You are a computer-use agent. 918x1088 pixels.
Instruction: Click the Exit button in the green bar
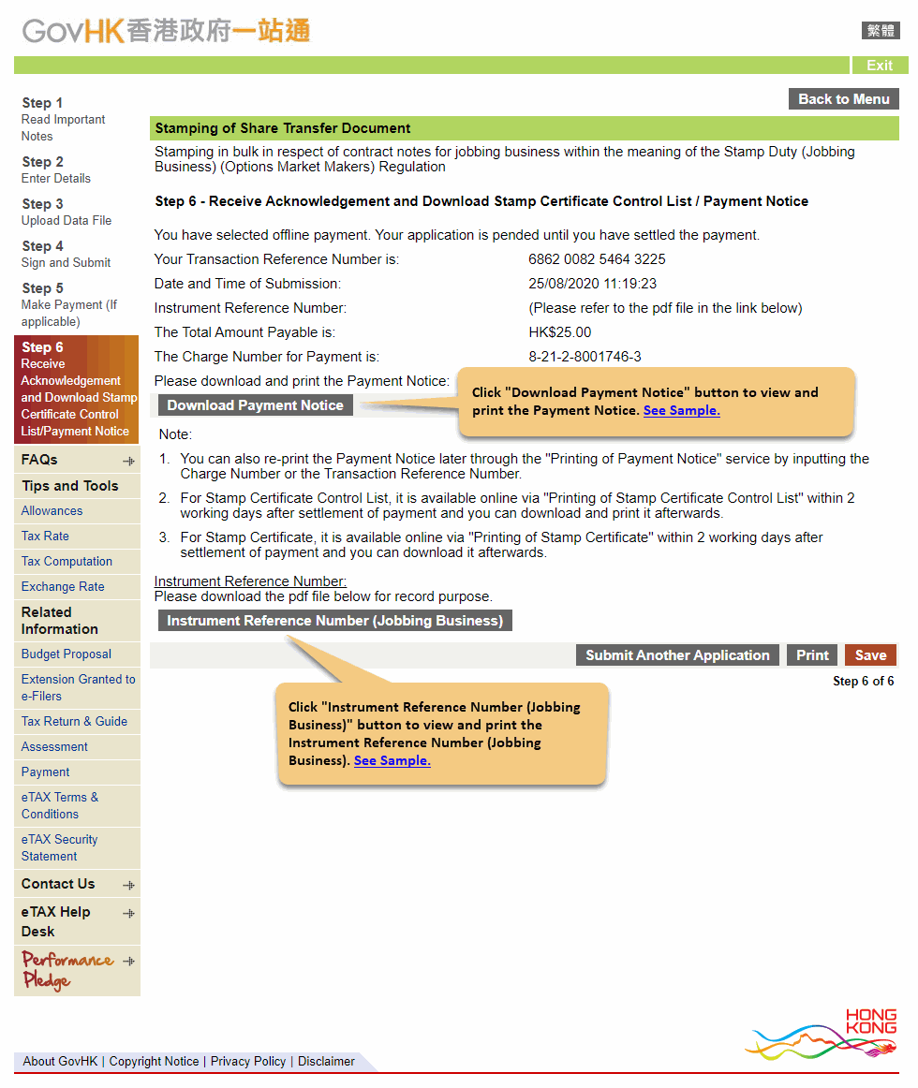click(x=880, y=66)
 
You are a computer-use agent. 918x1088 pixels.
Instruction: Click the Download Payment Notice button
click(x=255, y=405)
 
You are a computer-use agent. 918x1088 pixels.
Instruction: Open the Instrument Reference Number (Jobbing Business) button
click(x=335, y=621)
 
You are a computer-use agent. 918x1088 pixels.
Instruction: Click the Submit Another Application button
click(x=677, y=655)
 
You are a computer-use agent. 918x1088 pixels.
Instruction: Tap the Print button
click(x=812, y=655)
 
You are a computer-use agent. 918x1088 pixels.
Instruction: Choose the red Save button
click(x=870, y=655)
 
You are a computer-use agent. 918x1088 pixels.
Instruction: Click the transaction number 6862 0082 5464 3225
click(x=597, y=259)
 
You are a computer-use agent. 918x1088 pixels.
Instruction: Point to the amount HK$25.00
click(x=560, y=332)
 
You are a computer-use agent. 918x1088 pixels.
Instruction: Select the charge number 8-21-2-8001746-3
click(x=585, y=357)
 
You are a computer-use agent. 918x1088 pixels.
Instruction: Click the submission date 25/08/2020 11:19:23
click(x=592, y=284)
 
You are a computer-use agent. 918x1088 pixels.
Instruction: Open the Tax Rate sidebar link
click(x=45, y=537)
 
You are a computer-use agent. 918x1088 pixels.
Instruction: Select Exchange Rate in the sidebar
click(x=63, y=587)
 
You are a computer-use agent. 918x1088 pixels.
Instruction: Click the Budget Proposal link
click(x=66, y=654)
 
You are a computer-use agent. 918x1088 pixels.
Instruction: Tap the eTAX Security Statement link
click(x=59, y=848)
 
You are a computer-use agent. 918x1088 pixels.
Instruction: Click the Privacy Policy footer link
click(x=248, y=1062)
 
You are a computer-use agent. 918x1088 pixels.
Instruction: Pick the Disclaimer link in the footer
click(x=326, y=1062)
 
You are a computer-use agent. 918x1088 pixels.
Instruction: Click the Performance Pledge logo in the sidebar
click(x=67, y=970)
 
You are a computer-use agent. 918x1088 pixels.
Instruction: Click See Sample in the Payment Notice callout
click(x=681, y=411)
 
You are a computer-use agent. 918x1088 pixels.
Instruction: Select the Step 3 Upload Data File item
click(x=67, y=212)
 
